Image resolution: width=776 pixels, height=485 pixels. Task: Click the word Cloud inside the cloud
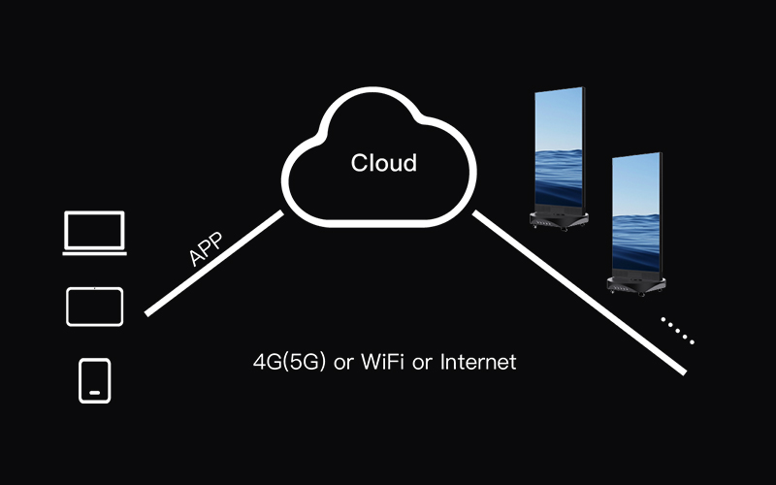383,163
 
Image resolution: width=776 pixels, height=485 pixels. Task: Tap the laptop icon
94,233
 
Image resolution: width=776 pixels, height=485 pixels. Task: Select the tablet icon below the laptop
94,307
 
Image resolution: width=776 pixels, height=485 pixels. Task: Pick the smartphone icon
94,380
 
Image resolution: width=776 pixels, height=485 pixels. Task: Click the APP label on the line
207,249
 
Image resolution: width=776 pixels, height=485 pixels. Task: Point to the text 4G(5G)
289,362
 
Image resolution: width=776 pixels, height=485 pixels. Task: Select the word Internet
478,362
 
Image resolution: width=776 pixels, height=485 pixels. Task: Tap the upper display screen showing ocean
559,147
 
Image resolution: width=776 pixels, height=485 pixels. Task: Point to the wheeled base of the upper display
559,221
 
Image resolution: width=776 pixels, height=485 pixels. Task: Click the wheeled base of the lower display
636,286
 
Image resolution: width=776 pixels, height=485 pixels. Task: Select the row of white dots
677,330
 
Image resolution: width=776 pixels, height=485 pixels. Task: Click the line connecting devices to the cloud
213,263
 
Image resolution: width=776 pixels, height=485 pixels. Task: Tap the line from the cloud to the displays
579,293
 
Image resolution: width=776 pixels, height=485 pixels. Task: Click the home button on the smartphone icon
94,393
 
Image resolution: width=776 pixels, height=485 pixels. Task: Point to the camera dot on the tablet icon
94,288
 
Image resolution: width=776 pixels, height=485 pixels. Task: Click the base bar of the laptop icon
94,254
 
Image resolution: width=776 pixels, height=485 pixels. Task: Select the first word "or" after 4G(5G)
343,364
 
